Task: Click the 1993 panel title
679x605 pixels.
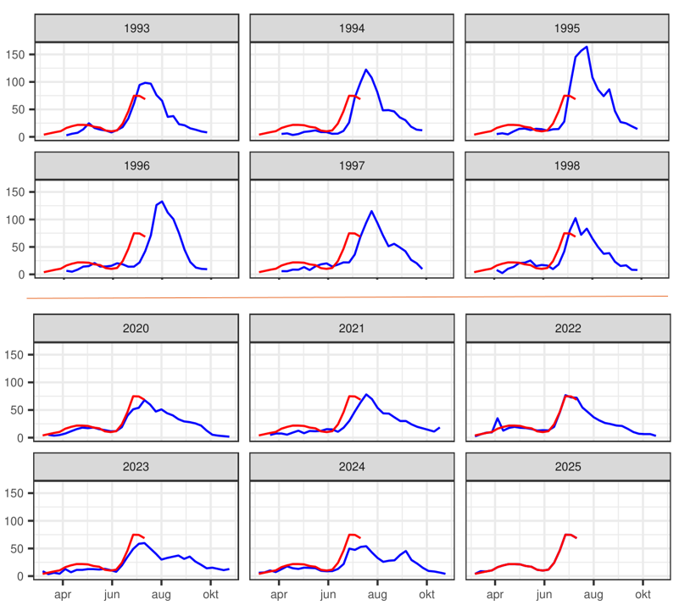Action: (136, 28)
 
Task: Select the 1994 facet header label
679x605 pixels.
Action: (351, 28)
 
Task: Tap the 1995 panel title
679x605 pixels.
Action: (566, 28)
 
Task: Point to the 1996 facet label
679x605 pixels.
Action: (136, 165)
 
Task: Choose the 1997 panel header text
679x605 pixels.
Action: (351, 165)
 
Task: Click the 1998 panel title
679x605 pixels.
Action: (566, 165)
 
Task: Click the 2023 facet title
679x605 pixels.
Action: (136, 466)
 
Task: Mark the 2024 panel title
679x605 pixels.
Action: (351, 466)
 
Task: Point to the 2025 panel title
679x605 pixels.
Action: (566, 466)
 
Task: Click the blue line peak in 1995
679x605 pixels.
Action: (587, 47)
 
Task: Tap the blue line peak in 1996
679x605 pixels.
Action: (161, 202)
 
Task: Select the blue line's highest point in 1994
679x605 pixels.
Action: (365, 69)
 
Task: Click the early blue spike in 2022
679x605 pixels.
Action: (498, 419)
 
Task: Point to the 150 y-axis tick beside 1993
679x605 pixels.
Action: (19, 54)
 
